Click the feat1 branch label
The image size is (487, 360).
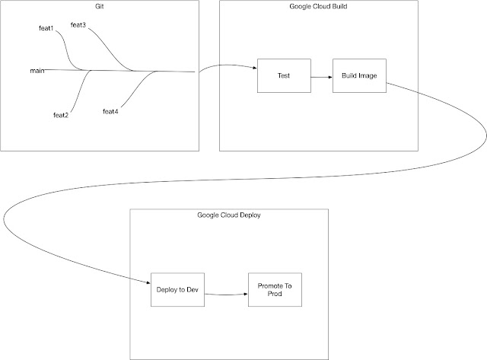click(46, 28)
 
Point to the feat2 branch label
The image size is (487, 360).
click(61, 115)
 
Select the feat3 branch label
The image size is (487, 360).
click(78, 25)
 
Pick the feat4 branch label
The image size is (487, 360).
click(110, 112)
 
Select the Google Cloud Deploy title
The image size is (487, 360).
click(229, 215)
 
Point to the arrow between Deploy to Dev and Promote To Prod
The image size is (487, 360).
click(227, 292)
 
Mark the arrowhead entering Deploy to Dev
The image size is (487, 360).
click(148, 282)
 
